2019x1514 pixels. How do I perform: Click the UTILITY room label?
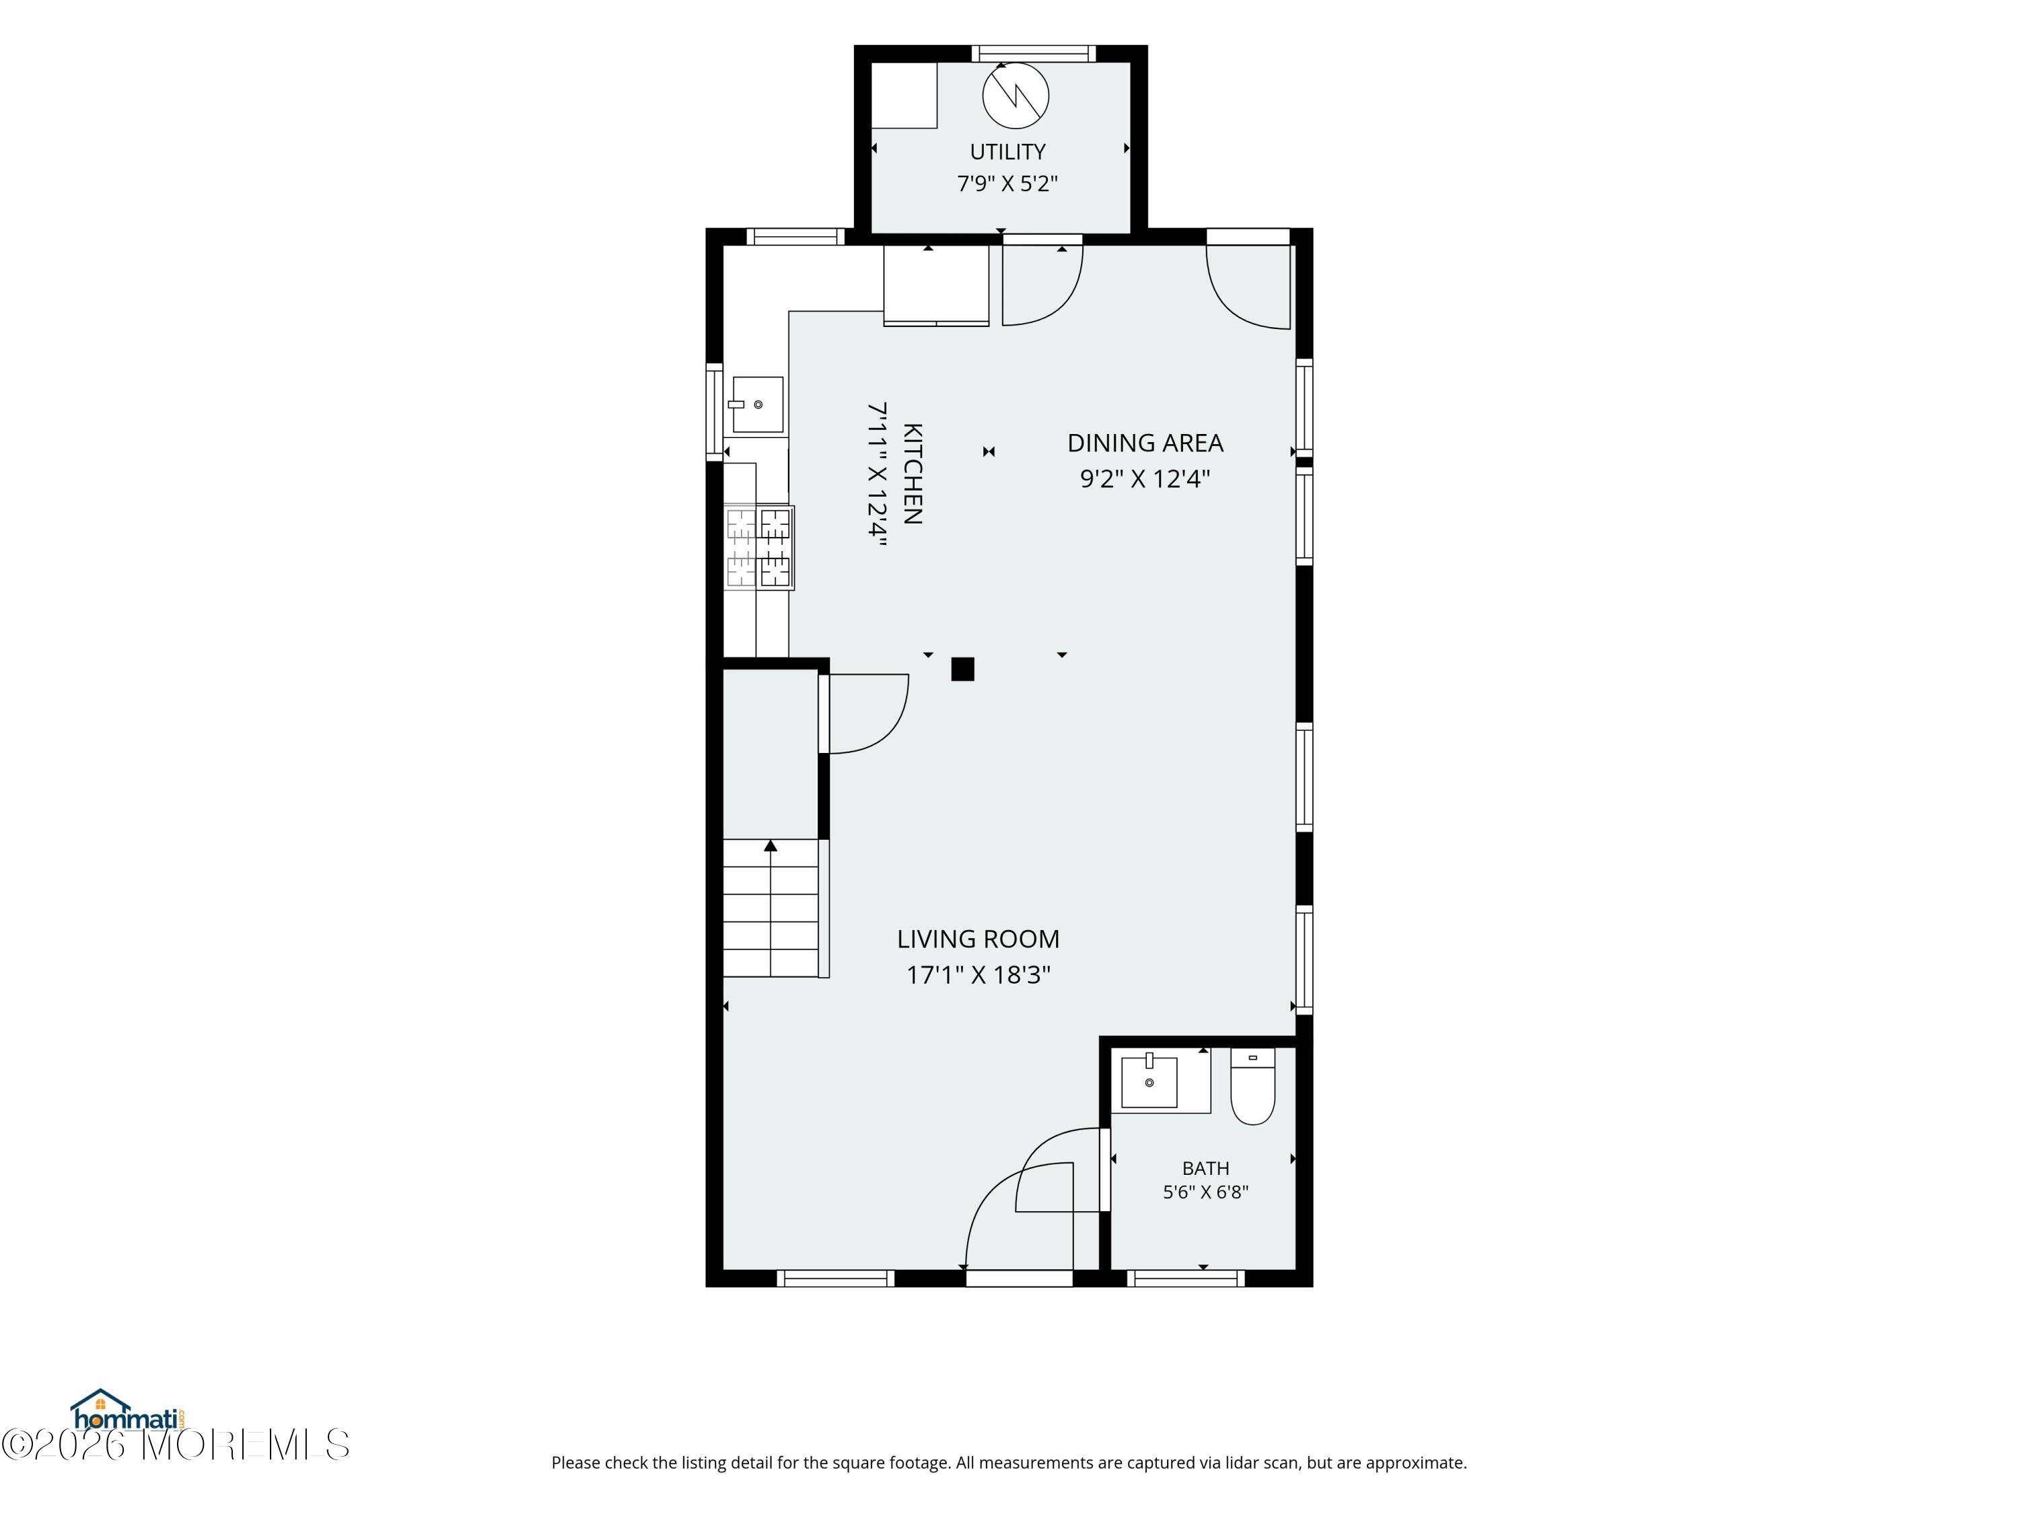[1007, 151]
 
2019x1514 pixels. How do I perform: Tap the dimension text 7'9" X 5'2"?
[1007, 184]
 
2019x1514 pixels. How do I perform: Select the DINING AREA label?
[1145, 443]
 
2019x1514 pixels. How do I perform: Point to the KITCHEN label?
[912, 474]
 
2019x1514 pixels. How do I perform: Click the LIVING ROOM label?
[979, 939]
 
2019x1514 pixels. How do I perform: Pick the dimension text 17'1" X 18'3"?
[979, 974]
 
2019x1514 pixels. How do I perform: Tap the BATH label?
[1206, 1168]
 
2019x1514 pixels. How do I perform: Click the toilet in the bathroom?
[1253, 1086]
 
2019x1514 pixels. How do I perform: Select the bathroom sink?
[1149, 1081]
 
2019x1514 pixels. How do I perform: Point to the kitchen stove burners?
[758, 548]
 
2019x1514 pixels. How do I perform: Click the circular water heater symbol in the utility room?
[1016, 95]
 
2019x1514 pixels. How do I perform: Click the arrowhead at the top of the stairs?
[771, 846]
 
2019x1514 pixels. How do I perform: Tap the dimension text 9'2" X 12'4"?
[1145, 479]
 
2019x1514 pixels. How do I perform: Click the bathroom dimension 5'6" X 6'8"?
[1206, 1192]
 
